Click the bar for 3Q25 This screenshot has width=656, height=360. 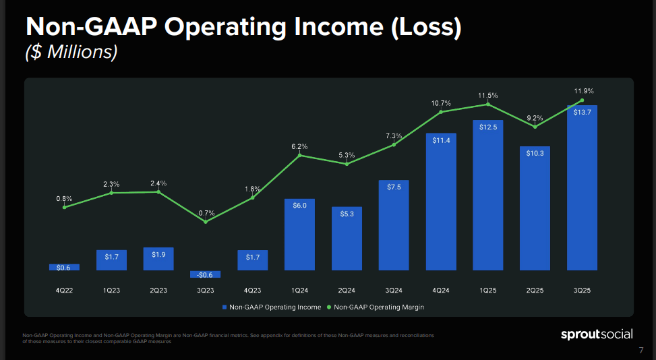click(583, 189)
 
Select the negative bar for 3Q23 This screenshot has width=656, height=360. click(206, 274)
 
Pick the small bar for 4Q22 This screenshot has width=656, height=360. click(64, 267)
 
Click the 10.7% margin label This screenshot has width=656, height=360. click(440, 103)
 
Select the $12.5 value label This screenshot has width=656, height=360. click(488, 127)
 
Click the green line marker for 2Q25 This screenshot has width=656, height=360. click(535, 127)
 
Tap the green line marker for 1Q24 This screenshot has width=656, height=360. click(300, 156)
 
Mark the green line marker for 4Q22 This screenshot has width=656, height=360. click(64, 207)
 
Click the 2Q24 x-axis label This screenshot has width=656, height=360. click(347, 291)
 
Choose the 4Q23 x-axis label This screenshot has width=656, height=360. click(253, 291)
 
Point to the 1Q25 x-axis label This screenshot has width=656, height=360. click(488, 291)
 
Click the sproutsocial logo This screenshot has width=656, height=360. click(597, 334)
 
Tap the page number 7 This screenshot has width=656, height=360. click(640, 351)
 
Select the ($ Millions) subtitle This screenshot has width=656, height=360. click(71, 53)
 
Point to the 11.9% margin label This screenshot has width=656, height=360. click(584, 90)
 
